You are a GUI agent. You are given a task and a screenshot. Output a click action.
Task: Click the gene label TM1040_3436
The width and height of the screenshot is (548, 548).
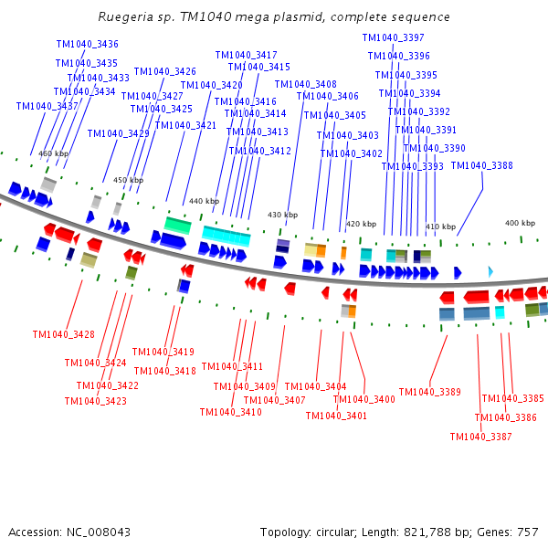[x=87, y=44]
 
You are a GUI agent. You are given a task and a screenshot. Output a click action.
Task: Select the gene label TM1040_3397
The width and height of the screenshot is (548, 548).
[x=393, y=37]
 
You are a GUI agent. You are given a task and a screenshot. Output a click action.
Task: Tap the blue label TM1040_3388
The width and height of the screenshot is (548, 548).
[x=481, y=165]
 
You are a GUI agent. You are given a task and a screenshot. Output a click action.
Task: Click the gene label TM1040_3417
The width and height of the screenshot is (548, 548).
[x=246, y=55]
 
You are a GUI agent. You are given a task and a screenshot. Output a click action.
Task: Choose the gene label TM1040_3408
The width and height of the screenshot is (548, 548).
[x=305, y=84]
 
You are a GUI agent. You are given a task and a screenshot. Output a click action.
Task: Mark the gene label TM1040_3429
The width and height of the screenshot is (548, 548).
[x=118, y=133]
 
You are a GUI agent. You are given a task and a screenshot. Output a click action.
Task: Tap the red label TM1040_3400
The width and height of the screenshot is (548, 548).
[x=364, y=399]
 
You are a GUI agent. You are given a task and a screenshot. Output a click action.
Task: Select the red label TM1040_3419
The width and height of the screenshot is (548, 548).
[x=163, y=352]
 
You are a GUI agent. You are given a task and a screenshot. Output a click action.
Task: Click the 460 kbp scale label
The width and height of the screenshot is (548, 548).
[x=54, y=153]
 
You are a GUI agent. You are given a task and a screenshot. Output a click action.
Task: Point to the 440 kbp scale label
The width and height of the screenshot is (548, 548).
[x=204, y=201]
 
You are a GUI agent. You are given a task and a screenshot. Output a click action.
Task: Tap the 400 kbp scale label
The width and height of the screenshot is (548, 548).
[x=520, y=223]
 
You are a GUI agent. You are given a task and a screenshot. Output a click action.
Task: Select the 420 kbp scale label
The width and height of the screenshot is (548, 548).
[x=361, y=224]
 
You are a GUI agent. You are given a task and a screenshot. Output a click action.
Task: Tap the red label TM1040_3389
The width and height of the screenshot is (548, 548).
[x=429, y=392]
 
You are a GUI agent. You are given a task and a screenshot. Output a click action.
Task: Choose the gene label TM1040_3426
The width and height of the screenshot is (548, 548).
[x=164, y=71]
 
